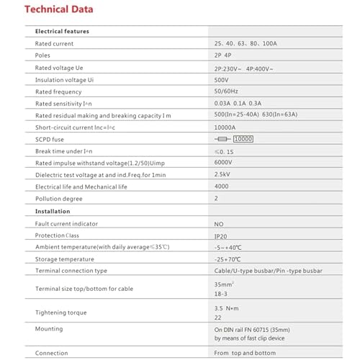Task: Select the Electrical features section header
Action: point(63,32)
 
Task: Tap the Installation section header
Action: point(53,211)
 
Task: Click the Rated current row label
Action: point(55,43)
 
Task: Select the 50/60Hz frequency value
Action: point(228,91)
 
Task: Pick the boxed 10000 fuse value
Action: point(243,139)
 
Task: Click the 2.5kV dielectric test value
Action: point(225,175)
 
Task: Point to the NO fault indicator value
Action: point(220,223)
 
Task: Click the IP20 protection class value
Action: point(222,235)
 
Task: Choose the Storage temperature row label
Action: point(64,258)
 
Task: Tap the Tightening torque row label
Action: point(61,312)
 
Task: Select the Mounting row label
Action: point(49,328)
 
